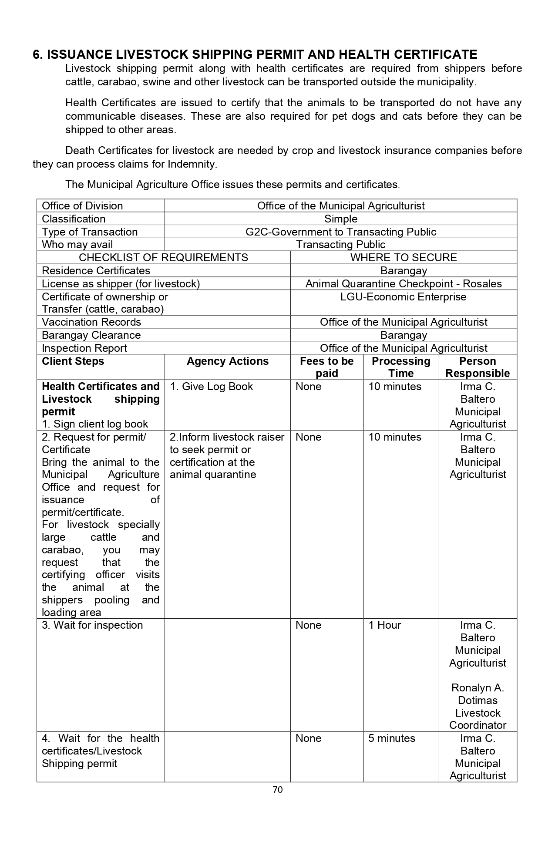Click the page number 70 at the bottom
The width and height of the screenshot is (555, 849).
277,789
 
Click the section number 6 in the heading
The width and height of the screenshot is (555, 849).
37,54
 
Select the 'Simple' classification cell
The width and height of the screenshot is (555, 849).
341,219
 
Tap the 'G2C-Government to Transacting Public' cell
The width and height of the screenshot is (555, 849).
341,232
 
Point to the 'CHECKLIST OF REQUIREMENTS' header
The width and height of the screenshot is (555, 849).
163,257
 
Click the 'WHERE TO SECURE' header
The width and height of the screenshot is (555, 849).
404,257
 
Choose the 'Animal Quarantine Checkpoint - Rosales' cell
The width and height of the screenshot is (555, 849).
404,283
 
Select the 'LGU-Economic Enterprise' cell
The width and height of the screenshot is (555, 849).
404,296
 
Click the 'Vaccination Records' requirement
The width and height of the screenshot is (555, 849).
91,322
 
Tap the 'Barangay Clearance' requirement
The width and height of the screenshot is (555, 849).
91,335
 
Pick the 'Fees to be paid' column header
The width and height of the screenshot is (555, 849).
326,367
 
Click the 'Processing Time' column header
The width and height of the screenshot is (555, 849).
401,367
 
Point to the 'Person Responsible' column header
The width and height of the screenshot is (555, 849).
478,367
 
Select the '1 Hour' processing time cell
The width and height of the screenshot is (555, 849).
385,625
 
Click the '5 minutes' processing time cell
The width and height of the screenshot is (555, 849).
392,738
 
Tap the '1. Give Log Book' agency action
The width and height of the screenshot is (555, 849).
211,386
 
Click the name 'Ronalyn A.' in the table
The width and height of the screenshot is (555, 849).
478,687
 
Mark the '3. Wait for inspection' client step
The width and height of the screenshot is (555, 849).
92,625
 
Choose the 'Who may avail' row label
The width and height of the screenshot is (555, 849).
77,244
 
